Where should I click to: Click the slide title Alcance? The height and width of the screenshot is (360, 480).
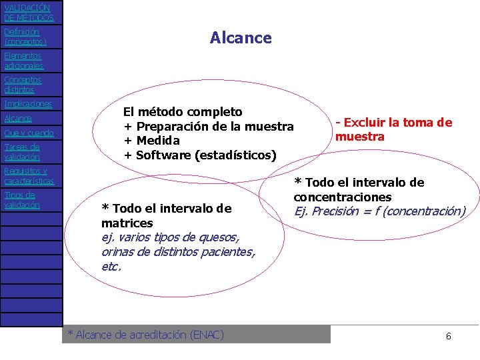click(240, 38)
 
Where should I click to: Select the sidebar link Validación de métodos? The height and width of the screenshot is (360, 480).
click(28, 13)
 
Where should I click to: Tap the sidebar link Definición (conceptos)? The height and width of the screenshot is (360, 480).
click(25, 37)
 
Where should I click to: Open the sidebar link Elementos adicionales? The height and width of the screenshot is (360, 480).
click(23, 61)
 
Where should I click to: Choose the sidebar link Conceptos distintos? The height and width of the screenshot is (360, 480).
click(22, 85)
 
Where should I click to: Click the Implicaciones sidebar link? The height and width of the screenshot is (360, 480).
click(27, 104)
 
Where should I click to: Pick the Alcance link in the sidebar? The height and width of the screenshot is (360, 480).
click(18, 118)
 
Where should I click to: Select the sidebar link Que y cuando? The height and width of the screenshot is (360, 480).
click(29, 133)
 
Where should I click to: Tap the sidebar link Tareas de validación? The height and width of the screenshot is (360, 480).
click(22, 152)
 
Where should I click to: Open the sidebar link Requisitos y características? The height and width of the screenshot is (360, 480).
click(28, 176)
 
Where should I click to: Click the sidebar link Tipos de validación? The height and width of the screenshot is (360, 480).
click(22, 200)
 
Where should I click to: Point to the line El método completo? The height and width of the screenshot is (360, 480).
click(183, 112)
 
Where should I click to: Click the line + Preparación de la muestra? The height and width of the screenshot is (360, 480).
click(209, 127)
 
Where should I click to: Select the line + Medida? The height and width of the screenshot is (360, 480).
click(151, 141)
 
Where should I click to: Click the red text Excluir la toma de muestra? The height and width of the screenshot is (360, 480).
click(393, 129)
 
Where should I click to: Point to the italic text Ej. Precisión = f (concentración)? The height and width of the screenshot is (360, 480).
click(379, 211)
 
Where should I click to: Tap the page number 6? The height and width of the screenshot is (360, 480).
click(448, 336)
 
